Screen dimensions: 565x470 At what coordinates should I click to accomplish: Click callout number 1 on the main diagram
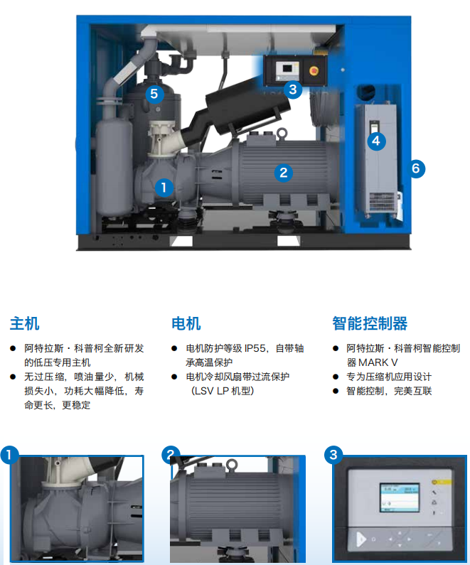164,188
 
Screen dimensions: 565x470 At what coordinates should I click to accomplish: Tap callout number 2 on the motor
283,171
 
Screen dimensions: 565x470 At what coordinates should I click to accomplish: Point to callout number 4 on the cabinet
376,141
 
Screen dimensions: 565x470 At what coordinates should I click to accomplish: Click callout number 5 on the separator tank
154,92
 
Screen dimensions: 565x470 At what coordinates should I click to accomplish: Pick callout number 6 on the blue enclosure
417,168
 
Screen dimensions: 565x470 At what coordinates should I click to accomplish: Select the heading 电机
186,323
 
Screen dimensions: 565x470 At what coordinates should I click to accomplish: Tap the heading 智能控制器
370,323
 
